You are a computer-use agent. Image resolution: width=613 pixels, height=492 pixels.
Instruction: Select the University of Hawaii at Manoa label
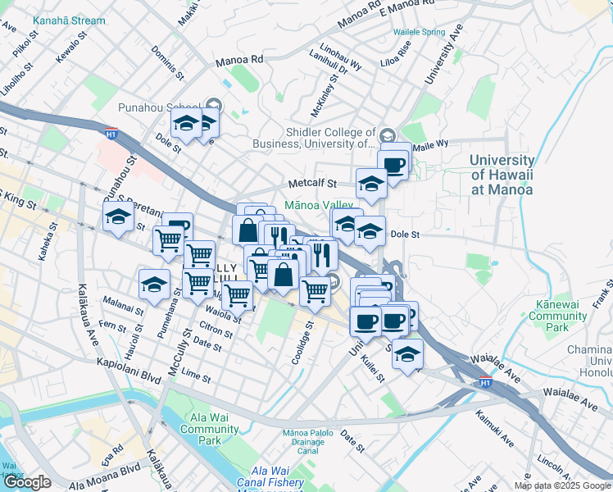click(502, 175)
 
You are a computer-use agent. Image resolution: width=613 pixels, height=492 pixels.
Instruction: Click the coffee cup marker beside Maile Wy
click(394, 165)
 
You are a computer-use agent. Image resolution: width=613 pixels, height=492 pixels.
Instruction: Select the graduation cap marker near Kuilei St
click(406, 354)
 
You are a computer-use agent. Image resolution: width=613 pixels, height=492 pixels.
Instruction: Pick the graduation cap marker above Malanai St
click(154, 285)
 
